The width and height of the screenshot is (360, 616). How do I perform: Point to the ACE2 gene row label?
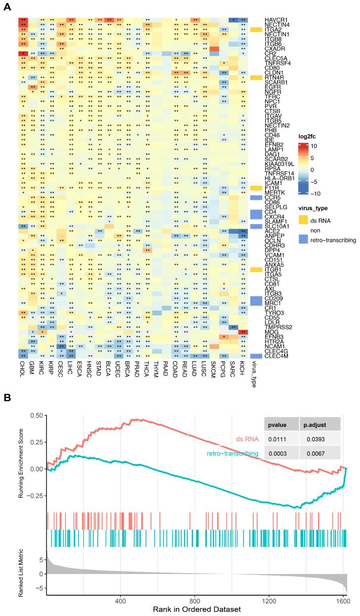pos(271,231)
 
